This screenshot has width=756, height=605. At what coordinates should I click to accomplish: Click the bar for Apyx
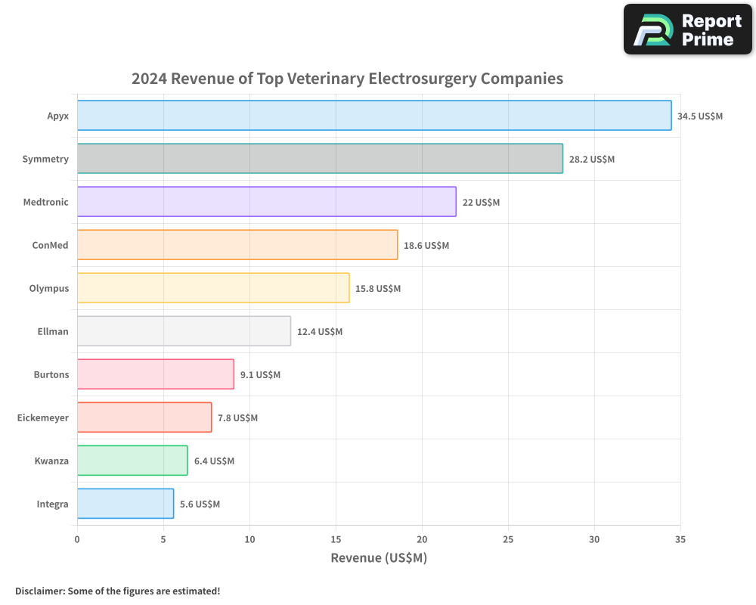(x=374, y=116)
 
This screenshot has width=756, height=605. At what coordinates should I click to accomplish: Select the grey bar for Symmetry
(x=320, y=159)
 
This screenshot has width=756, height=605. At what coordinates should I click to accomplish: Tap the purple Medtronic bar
(x=266, y=202)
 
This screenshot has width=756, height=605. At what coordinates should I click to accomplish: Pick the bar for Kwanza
(x=132, y=461)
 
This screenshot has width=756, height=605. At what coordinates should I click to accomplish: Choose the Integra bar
(x=125, y=504)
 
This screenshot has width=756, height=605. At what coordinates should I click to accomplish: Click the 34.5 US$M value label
(x=700, y=116)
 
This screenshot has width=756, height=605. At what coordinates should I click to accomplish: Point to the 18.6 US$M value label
(x=426, y=246)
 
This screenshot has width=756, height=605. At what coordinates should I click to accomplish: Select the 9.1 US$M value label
(x=260, y=375)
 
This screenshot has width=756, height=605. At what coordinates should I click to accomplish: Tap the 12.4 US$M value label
(x=320, y=332)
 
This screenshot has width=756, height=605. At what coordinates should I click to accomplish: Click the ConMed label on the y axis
(x=50, y=245)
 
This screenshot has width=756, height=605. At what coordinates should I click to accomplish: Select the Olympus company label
(x=49, y=288)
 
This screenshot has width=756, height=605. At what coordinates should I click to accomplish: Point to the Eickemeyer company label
(x=43, y=417)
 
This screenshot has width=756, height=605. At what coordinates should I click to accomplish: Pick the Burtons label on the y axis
(x=51, y=374)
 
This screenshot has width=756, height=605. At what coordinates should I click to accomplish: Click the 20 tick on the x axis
(x=422, y=539)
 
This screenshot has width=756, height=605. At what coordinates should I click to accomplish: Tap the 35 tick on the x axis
(x=680, y=539)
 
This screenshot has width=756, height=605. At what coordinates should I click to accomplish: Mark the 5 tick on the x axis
(x=163, y=539)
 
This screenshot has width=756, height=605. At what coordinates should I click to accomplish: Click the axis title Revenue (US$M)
(x=379, y=558)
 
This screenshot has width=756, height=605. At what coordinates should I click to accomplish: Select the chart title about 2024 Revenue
(x=347, y=79)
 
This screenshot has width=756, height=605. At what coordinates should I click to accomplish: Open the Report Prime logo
(x=687, y=29)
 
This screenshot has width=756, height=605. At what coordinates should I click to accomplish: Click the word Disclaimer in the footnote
(x=39, y=591)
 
